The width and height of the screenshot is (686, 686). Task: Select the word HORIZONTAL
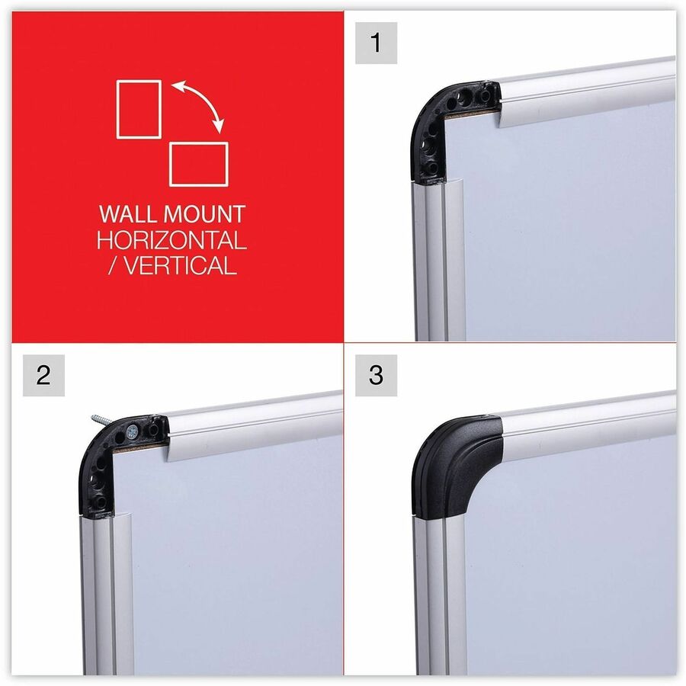pos(171,240)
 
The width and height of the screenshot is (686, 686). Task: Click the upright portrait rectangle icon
pos(138,109)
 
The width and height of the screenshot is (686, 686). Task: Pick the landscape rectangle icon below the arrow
pos(199,163)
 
